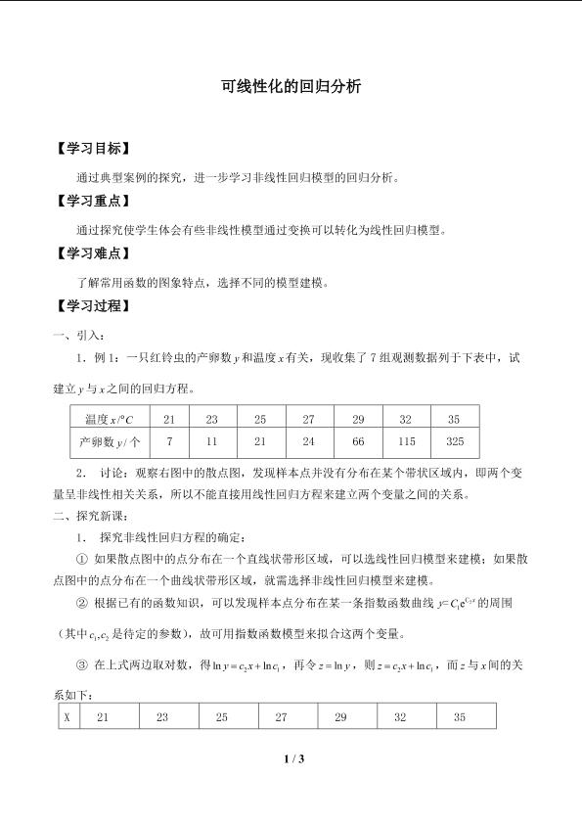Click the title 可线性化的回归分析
pos(291,86)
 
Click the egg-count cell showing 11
pos(210,442)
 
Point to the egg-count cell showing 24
pos(308,442)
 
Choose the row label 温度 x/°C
pos(110,419)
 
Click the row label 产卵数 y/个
pos(110,442)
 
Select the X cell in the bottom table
pos(67,717)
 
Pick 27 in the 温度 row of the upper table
pos(308,419)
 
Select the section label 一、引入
pos(80,337)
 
